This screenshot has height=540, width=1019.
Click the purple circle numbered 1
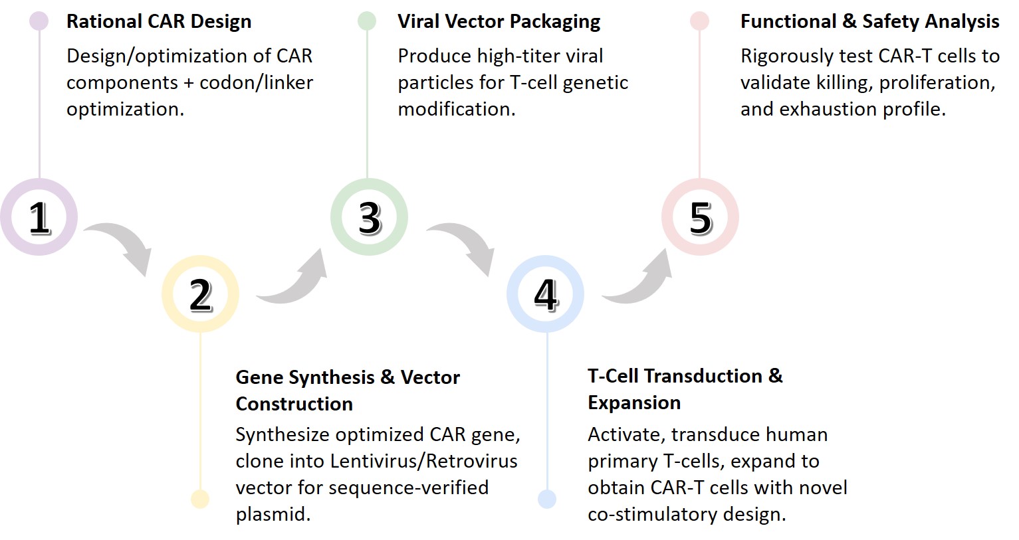(x=39, y=217)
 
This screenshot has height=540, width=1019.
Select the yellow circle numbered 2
(x=200, y=294)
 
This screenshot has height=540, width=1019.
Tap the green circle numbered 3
(x=369, y=217)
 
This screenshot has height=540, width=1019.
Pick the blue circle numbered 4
(x=545, y=294)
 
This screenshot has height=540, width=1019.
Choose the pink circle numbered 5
(x=699, y=217)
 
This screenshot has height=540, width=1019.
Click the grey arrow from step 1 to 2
(x=122, y=246)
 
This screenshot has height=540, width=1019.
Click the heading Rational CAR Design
(x=159, y=21)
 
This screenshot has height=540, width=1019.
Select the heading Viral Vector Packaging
(x=499, y=21)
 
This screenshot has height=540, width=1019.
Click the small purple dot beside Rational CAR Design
(x=39, y=21)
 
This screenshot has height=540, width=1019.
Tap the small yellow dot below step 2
(x=200, y=499)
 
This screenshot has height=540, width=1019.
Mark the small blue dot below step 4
(x=547, y=499)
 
